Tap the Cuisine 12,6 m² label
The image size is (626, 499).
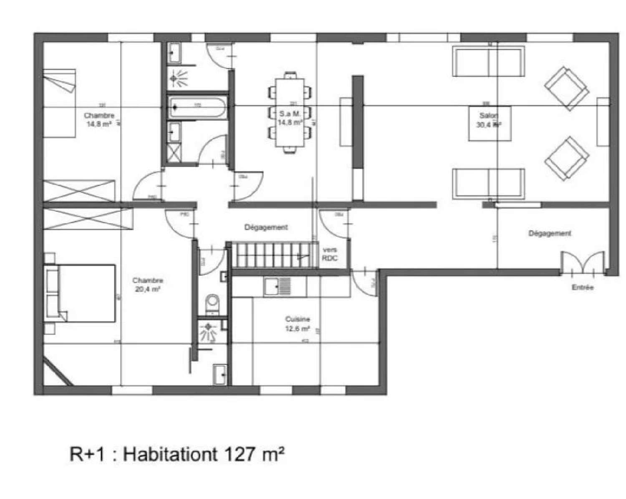click(298, 324)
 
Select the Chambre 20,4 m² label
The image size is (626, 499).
click(148, 284)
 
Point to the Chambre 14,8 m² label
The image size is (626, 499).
click(99, 119)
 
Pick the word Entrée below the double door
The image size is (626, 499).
click(582, 288)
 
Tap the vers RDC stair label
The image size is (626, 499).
click(329, 254)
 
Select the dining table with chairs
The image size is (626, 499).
click(290, 112)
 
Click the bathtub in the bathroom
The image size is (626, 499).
click(197, 106)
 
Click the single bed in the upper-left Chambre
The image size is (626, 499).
click(59, 104)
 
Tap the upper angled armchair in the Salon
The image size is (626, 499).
click(567, 89)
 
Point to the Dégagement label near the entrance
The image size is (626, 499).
click(549, 233)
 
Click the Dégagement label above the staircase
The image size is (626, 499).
click(266, 228)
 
